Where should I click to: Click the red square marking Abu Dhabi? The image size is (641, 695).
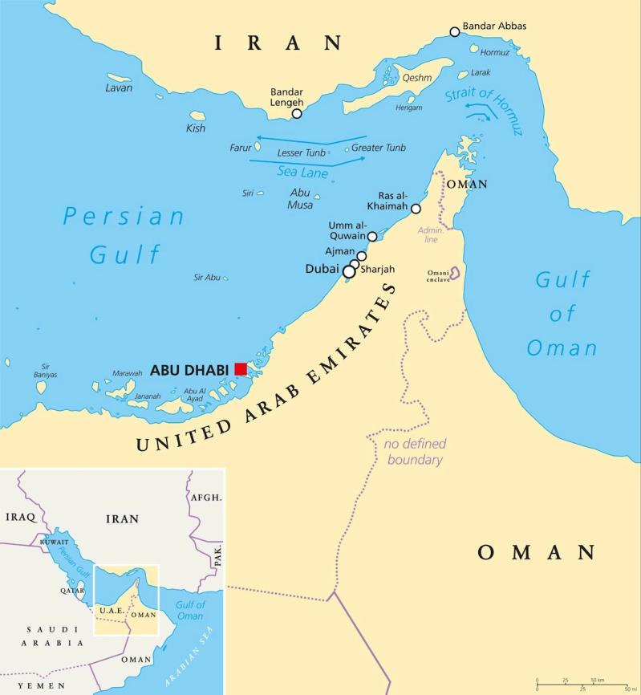[x=241, y=369]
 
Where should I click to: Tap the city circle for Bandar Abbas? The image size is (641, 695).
[x=455, y=32]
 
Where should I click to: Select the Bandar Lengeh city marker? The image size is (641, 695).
[x=297, y=114]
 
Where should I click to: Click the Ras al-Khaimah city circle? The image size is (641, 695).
[x=416, y=209]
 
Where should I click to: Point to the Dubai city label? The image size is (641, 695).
[x=323, y=270]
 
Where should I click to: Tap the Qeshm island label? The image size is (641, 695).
[x=416, y=78]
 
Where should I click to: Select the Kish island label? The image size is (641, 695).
[x=196, y=128]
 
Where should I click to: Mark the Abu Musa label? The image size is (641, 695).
[x=300, y=198]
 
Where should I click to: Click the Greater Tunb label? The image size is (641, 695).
[x=379, y=148]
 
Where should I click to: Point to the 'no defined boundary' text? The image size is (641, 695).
[x=415, y=452]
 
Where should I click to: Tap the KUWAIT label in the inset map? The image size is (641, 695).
[x=52, y=543]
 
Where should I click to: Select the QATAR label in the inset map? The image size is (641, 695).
[x=72, y=589]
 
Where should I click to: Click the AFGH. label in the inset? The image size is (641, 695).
[x=206, y=498]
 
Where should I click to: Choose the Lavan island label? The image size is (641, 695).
[x=119, y=87]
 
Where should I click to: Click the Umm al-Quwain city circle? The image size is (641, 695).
[x=372, y=237]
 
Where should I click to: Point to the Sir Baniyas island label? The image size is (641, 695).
[x=46, y=370]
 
